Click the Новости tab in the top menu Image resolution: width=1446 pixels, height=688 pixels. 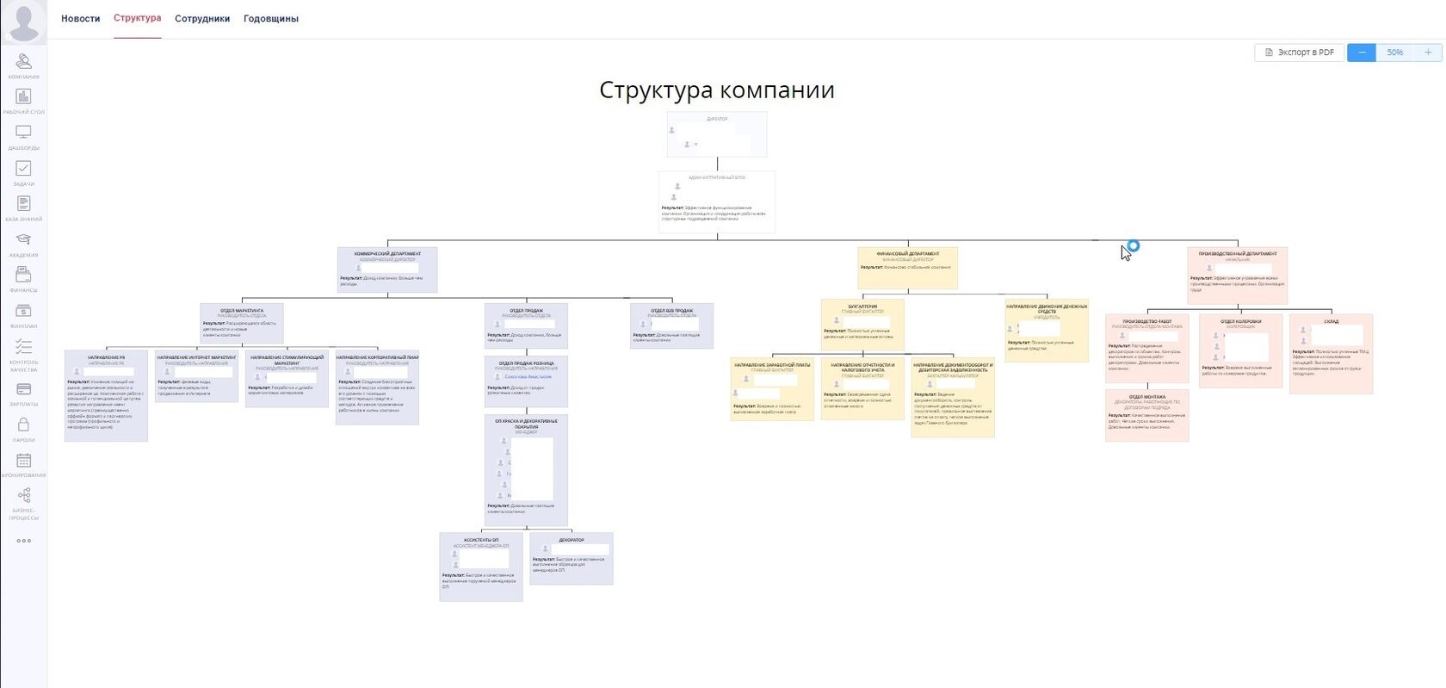80,19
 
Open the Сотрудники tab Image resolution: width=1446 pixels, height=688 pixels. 202,19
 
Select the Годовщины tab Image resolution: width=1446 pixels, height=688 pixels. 271,19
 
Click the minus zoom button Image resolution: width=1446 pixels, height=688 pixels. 1361,53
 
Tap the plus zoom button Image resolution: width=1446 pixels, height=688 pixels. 1428,53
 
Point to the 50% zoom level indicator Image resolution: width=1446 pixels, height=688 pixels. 1394,53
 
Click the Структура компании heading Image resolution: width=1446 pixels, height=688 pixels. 716,90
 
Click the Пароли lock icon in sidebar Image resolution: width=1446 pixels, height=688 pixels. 23,425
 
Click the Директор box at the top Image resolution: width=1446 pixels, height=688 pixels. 716,133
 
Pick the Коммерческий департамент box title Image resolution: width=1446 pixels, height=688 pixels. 387,254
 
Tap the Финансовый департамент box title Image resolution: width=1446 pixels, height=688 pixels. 907,254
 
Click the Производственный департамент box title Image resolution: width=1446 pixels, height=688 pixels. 1237,254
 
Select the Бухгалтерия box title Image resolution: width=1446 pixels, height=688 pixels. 862,307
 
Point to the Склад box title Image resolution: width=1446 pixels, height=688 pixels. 1331,321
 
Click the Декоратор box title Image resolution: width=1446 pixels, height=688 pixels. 572,540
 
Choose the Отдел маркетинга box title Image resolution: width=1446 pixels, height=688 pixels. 241,310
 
